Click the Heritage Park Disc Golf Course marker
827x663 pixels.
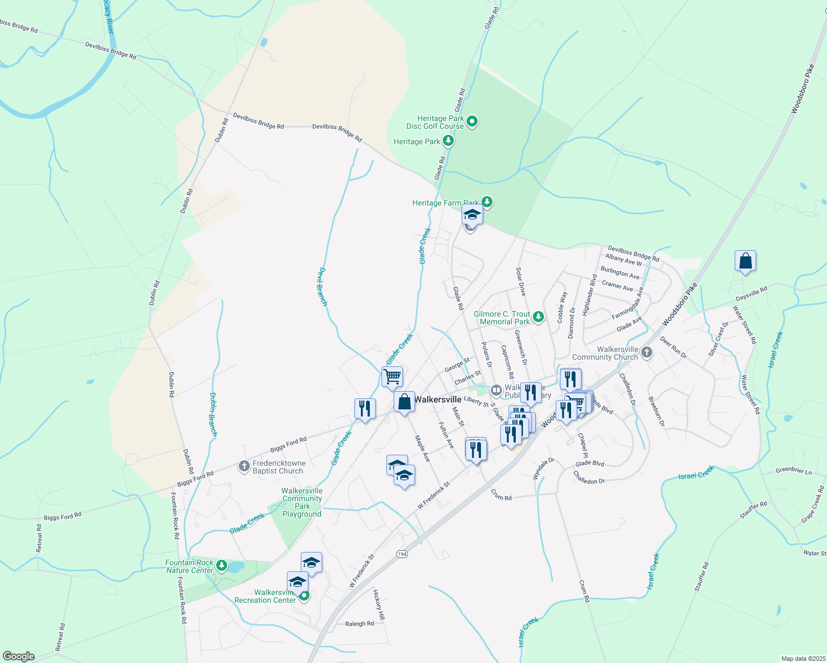pos(472,122)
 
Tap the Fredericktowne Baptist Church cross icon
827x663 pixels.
pos(244,467)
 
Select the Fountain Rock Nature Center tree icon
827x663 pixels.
pos(222,565)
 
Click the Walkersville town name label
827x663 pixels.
pos(438,399)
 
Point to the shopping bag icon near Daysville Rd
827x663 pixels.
pos(745,261)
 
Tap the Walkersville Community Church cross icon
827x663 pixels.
pos(647,352)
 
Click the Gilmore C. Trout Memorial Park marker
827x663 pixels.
pos(538,317)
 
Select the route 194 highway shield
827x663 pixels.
pos(402,554)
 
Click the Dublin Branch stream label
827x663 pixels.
pos(213,414)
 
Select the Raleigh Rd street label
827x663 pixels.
pos(359,624)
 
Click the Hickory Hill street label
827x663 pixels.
pos(378,607)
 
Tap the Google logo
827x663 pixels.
pos(18,656)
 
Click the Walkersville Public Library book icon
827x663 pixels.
pos(496,391)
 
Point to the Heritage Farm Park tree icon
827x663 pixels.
pos(486,202)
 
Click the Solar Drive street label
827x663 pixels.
pos(521,281)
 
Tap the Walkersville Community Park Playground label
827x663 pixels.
pos(302,502)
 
